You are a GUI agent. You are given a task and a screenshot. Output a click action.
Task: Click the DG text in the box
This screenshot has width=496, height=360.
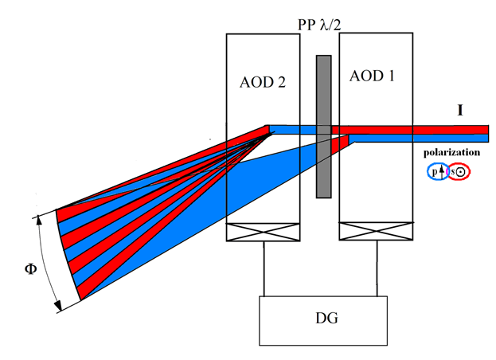322,319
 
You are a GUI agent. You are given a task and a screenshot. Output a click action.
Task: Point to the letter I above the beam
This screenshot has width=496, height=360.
459,109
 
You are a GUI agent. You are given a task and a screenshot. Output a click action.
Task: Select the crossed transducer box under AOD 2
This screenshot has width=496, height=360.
262,233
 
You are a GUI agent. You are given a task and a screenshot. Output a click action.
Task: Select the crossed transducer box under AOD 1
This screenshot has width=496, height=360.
375,232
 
